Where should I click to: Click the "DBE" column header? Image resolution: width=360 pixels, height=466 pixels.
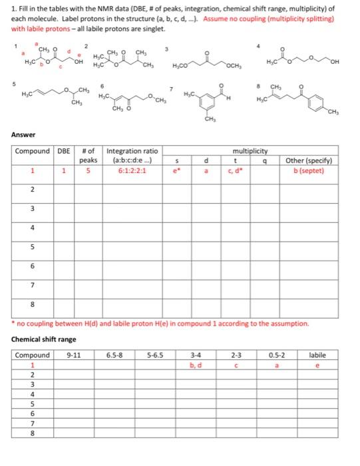point(63,151)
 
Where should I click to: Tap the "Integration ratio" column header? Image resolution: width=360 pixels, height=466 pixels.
point(132,151)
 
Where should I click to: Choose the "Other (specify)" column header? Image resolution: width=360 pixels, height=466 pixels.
point(309,160)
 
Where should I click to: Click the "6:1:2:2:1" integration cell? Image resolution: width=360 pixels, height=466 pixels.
point(132,170)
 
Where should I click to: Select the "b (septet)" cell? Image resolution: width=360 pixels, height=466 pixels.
point(309,170)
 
